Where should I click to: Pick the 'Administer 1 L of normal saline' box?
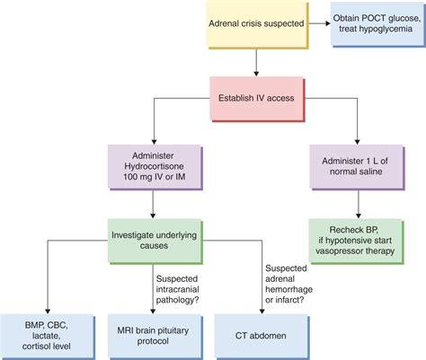pos(358,168)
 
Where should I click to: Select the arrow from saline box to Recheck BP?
pos(358,204)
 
